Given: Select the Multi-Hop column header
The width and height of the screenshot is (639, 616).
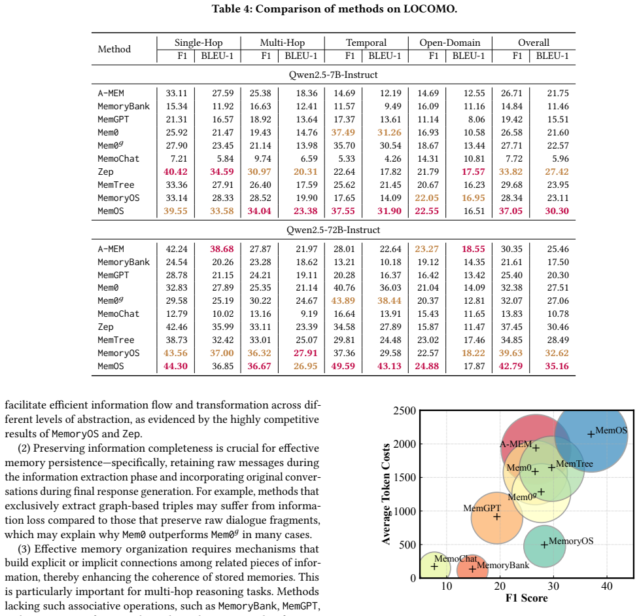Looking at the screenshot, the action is tap(283, 43).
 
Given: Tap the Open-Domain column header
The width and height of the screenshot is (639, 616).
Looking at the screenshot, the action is tap(450, 43).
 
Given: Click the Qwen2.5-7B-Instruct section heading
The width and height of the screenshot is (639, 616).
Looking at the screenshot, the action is tap(333, 75).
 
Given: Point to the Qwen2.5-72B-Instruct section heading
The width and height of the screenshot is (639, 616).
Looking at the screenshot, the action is tap(333, 230).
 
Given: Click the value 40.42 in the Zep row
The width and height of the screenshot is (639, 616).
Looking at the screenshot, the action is tap(176, 172).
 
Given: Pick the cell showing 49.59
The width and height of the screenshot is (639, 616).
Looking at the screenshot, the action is tap(343, 366).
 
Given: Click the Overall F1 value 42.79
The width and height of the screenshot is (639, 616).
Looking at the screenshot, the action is tap(511, 366).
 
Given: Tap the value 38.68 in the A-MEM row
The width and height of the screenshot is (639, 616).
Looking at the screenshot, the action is tap(222, 249).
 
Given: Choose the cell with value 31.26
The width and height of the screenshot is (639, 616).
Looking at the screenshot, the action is tap(389, 133).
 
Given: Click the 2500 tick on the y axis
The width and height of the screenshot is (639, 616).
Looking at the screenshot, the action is tap(404, 410).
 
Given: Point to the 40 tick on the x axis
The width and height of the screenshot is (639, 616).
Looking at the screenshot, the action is tap(607, 587).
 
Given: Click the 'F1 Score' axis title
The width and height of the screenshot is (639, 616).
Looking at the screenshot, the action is tap(527, 598).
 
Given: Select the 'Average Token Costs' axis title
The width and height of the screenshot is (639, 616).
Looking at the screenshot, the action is tap(386, 494).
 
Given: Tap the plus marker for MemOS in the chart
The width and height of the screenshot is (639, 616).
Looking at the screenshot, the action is tap(591, 435).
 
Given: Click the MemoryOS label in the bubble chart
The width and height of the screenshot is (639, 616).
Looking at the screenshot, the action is tap(571, 541).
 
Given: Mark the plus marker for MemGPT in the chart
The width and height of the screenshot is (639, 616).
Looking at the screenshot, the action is tap(497, 517).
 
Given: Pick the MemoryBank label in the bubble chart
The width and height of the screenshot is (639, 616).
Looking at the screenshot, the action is tap(503, 566).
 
